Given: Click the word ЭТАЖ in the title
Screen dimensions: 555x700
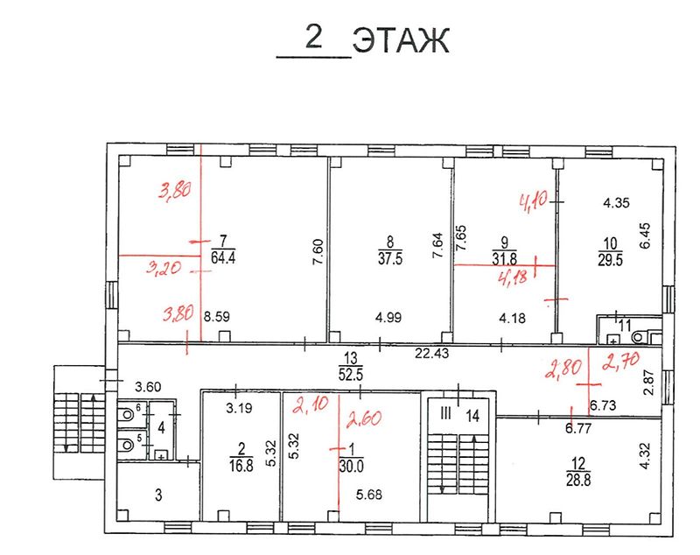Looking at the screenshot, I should pos(401,39).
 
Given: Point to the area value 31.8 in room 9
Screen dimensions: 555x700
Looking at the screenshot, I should pos(503,258).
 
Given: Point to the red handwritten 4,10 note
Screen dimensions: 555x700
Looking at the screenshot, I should pos(534,204).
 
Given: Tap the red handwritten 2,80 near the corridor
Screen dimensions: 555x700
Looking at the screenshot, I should pos(562,369).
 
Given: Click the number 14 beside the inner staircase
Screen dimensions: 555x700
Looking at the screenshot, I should pos(473,415).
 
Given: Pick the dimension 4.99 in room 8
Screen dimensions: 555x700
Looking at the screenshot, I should pos(387,317).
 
